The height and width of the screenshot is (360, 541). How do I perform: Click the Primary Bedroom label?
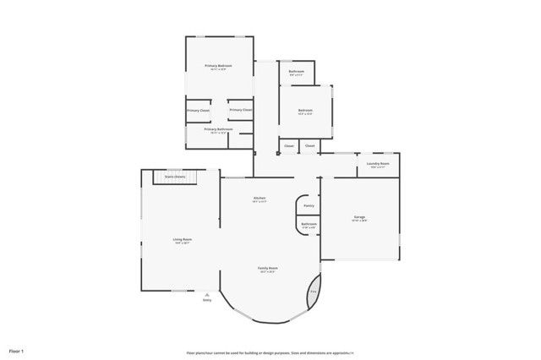coord(218,65)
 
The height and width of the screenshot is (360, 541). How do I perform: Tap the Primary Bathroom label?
coord(218,128)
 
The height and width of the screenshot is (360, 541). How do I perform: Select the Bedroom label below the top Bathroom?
coord(305,110)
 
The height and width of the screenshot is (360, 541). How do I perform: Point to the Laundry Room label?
coord(378,163)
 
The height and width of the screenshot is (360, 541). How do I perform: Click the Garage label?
coord(359,217)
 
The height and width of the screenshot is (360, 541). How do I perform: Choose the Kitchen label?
coord(260,198)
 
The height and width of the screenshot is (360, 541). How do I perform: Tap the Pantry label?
coord(309,205)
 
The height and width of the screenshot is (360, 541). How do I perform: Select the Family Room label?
coord(269,268)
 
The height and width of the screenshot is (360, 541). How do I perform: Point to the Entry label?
coord(206,299)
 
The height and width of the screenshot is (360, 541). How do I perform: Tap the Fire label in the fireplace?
coord(313,292)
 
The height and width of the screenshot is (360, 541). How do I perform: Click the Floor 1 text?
coord(17,350)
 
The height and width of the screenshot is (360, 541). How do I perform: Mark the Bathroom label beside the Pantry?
coord(309,223)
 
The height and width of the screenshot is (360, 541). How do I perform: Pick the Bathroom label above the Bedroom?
coord(296,71)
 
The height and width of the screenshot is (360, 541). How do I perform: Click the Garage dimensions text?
coord(359,221)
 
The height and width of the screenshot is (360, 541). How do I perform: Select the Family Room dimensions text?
coord(269,272)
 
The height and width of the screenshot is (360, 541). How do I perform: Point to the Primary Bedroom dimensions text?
coord(218,69)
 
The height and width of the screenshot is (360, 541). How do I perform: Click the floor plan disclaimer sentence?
coord(270,352)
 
